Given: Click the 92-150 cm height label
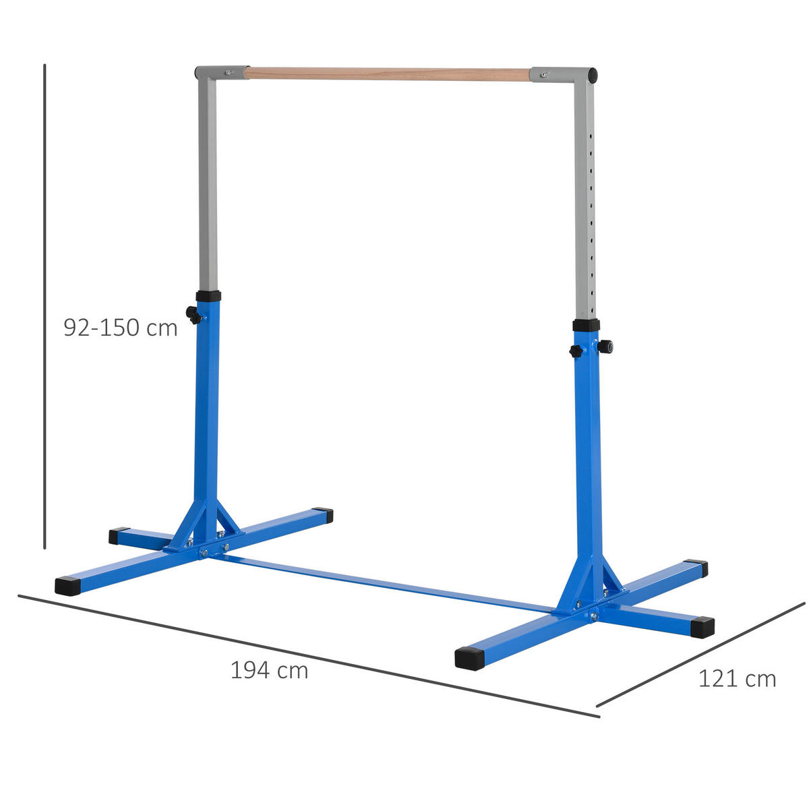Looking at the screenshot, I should pos(121,328).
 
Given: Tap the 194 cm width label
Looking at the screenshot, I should pos(269,670).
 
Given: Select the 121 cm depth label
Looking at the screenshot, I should pos(736,678).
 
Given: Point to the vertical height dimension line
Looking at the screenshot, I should pos(44,303).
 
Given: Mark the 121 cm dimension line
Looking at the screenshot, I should pos(701,654).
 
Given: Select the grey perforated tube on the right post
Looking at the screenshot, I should pos(585,202).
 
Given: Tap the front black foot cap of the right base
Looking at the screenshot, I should pos(470,658).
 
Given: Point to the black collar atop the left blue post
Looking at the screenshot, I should pos(208,296).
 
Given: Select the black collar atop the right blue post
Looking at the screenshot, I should pos(586,325).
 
